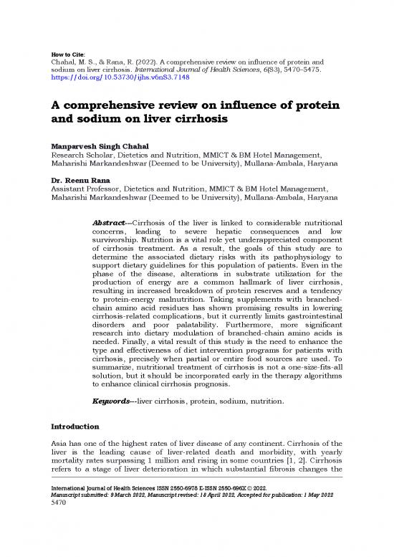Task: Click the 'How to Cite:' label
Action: click(70, 54)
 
